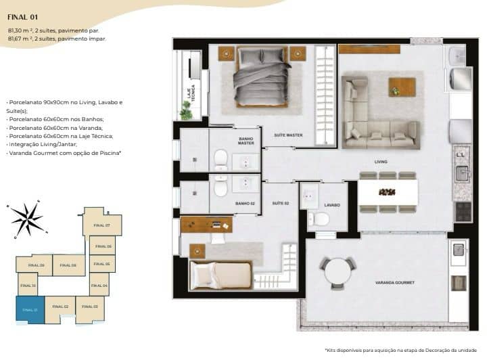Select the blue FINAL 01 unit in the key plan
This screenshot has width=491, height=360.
30,310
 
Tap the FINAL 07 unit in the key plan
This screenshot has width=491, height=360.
102,225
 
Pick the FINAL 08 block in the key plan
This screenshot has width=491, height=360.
69,265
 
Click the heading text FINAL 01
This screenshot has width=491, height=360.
23,12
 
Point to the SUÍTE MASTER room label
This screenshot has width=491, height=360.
288,135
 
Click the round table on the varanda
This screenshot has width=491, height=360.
337,272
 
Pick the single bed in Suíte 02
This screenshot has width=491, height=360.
220,275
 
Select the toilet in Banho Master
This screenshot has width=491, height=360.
220,160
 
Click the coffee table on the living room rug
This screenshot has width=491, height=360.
402,87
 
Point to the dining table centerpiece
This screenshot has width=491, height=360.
387,192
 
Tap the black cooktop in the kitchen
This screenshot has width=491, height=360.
463,212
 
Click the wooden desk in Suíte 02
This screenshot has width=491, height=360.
207,224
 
